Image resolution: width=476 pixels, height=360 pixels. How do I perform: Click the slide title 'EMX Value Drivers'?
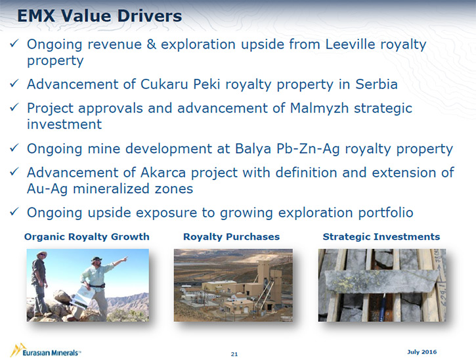point(100,16)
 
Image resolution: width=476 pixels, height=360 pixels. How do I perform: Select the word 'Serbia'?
point(376,84)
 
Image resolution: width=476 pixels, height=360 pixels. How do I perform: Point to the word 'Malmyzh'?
point(319,108)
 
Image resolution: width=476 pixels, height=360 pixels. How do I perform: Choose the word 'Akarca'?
point(163,173)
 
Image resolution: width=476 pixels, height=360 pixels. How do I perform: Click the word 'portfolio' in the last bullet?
point(385,213)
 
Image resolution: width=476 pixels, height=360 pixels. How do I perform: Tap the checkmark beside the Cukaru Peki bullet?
point(14,83)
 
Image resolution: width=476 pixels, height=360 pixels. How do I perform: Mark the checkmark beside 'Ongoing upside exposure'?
point(14,212)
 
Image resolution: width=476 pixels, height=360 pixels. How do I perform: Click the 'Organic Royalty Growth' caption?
point(87,236)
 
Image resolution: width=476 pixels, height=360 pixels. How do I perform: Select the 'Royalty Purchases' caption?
point(231,236)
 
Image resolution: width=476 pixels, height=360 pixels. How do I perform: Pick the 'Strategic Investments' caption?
point(381,236)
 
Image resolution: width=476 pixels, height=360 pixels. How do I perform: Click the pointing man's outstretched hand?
point(124,259)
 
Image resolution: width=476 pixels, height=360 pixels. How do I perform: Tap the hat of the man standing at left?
point(41,254)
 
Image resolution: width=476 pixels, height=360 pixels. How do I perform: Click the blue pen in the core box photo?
point(383,307)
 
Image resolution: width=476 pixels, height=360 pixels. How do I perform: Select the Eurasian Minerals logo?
point(45,351)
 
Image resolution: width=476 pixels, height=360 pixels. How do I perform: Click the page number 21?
point(234,354)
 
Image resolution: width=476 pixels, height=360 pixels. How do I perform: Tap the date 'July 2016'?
point(422,352)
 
